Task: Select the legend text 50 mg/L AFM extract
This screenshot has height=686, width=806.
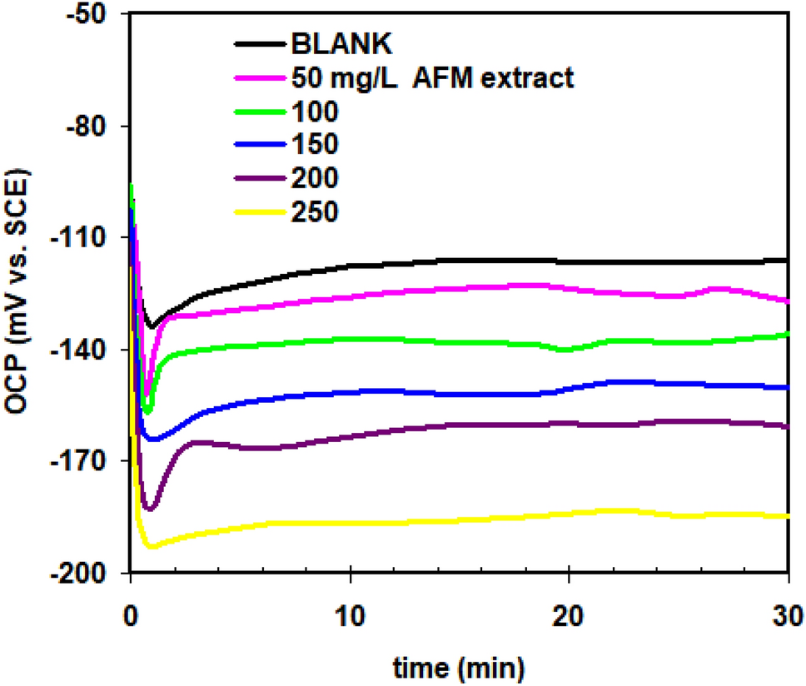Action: point(433,78)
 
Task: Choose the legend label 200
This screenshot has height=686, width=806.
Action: point(316,176)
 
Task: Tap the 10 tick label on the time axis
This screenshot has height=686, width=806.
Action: point(350,619)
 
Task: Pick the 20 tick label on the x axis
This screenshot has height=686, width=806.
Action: point(569,619)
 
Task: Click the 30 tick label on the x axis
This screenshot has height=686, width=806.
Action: point(788,619)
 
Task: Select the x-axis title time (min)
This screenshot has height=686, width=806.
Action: point(460,667)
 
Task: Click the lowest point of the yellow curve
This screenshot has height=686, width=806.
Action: point(152,547)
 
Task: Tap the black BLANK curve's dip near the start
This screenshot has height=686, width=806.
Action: point(150,326)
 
